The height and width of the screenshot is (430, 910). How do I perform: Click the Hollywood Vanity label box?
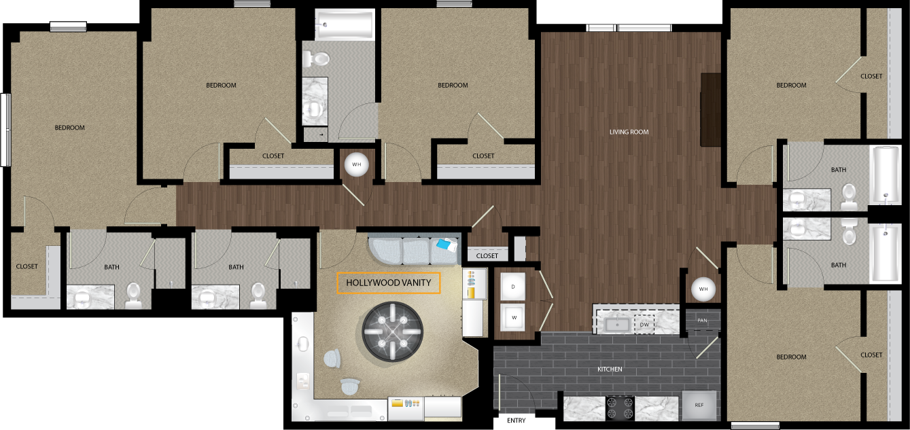(x=388, y=283)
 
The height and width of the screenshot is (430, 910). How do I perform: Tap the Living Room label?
(x=629, y=132)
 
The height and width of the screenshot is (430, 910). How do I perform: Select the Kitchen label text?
(x=610, y=369)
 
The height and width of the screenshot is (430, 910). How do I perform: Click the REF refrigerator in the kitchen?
(x=699, y=405)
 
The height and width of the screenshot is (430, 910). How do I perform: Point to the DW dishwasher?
(x=644, y=325)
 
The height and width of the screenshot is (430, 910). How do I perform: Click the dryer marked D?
(x=512, y=287)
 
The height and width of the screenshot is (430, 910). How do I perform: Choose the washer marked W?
(x=512, y=317)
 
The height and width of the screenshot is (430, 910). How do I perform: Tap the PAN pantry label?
(x=703, y=321)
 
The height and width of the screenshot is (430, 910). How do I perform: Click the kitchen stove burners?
(x=620, y=408)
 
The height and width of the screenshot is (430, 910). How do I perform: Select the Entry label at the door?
(x=516, y=420)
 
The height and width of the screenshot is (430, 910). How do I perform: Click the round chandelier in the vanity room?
(x=392, y=332)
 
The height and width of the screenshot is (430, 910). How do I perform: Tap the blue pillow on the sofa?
(x=445, y=245)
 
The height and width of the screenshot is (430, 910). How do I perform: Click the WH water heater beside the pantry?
(x=703, y=289)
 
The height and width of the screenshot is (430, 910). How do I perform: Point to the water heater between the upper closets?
(x=356, y=164)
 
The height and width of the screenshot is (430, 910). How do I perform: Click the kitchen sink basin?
(x=617, y=325)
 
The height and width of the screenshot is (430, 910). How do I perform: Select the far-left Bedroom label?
(x=70, y=128)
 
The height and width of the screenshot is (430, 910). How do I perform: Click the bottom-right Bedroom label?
(x=791, y=357)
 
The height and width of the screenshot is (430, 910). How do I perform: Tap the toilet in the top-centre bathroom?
(x=316, y=59)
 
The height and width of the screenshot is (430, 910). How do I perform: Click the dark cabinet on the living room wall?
(x=710, y=109)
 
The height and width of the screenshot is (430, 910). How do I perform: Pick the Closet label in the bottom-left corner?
(x=27, y=266)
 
